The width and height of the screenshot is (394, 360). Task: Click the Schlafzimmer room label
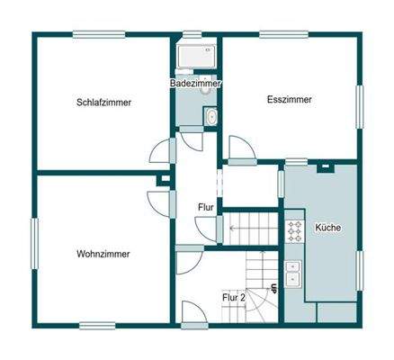pyautogui.click(x=103, y=103)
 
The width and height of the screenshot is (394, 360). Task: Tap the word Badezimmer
pyautogui.click(x=196, y=84)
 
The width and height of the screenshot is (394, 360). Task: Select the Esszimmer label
pyautogui.click(x=290, y=100)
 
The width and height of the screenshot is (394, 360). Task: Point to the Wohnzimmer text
pyautogui.click(x=103, y=254)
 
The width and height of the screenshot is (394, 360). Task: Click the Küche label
pyautogui.click(x=327, y=229)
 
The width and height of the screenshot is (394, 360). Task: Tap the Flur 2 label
pyautogui.click(x=234, y=296)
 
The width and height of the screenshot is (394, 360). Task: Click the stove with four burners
pyautogui.click(x=294, y=231)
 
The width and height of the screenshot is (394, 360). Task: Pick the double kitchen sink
pyautogui.click(x=293, y=273)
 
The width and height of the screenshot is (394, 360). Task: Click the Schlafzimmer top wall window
pyautogui.click(x=99, y=36)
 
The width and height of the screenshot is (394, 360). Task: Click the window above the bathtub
pyautogui.click(x=193, y=36)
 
